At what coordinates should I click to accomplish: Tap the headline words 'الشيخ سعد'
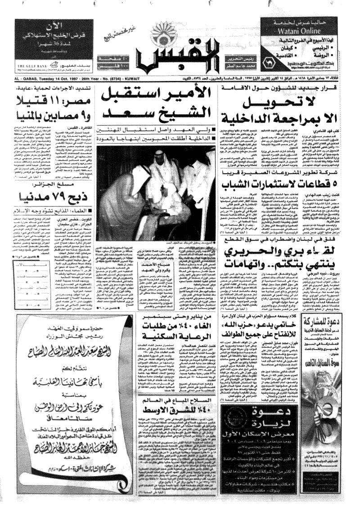(157, 111)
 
